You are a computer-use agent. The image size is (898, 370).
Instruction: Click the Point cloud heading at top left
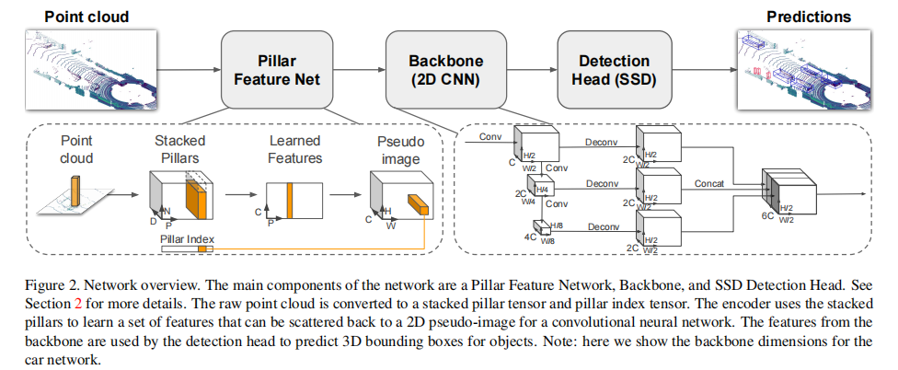[x=86, y=17]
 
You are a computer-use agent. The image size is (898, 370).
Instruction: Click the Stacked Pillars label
[x=179, y=149]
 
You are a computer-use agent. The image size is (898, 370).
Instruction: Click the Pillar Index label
[x=187, y=240]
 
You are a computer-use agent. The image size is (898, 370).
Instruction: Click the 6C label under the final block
[x=766, y=219]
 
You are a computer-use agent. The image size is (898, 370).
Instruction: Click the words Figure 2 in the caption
[x=45, y=284]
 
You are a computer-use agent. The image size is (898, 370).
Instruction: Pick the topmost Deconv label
[x=602, y=142]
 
